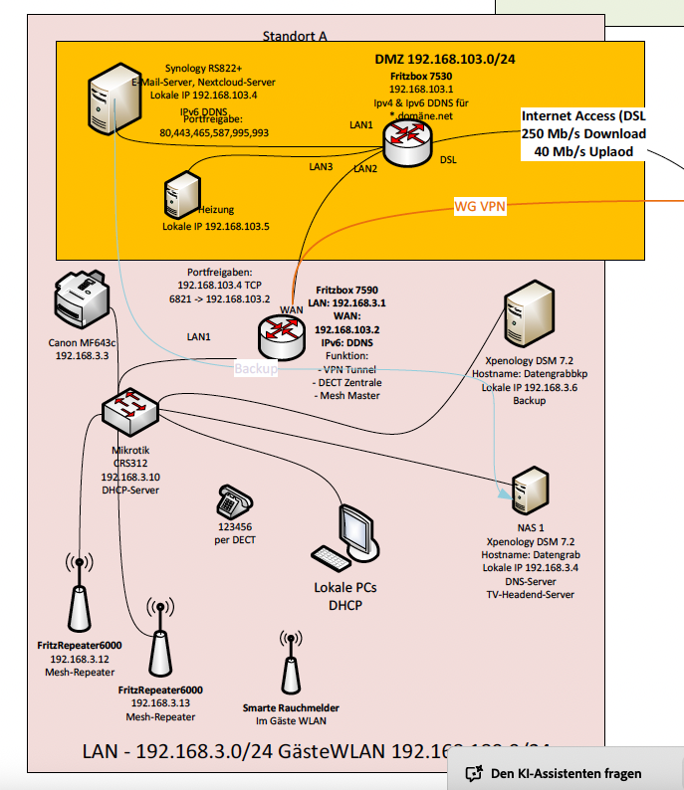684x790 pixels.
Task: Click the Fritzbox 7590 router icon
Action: click(x=284, y=336)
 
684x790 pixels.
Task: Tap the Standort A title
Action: click(x=295, y=37)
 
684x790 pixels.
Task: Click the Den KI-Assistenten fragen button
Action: click(x=565, y=773)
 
